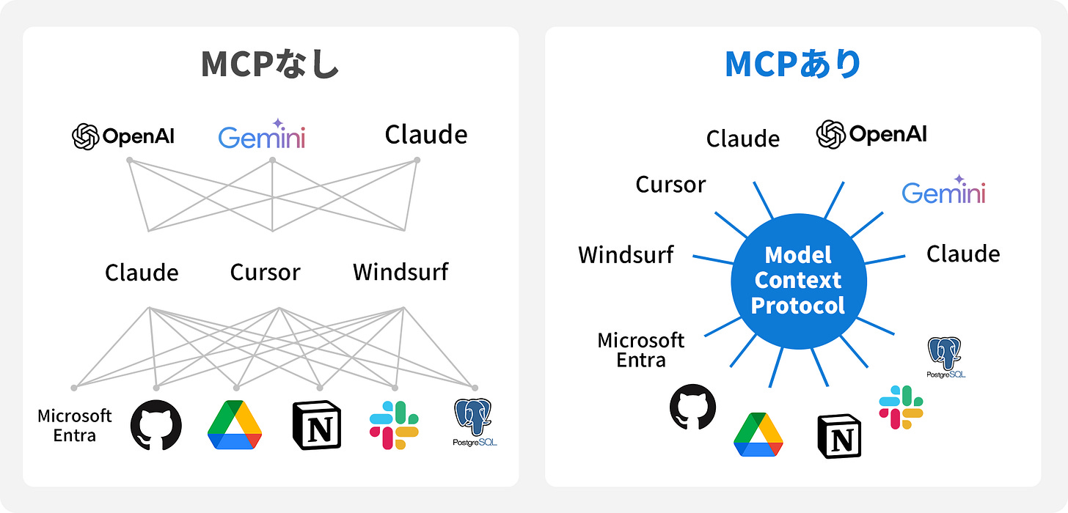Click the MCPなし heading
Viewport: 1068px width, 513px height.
coord(270,64)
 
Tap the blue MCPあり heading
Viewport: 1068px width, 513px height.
coord(792,64)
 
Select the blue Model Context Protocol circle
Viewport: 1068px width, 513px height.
coord(799,281)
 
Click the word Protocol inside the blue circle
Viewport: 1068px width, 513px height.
coord(799,305)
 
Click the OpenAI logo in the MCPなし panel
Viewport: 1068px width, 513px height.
coord(123,136)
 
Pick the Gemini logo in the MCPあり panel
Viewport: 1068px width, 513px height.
coord(943,191)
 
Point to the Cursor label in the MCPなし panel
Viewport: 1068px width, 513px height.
coord(265,273)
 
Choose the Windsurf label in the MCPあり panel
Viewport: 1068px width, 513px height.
coord(626,255)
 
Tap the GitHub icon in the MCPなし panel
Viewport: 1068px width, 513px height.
coord(156,426)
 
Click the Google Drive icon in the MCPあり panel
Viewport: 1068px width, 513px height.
coord(758,435)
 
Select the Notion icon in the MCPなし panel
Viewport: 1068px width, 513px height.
coord(317,426)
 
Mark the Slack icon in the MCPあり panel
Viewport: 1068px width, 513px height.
coord(901,407)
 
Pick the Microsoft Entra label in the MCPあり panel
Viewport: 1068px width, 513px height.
coord(640,350)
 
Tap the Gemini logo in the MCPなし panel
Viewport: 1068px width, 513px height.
coord(262,135)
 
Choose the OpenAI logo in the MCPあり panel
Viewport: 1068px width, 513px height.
coord(871,134)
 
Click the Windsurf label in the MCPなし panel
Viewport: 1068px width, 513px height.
coord(400,273)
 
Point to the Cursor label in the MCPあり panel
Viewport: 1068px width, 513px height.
coord(670,185)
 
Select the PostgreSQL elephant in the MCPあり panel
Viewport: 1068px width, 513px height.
coord(945,353)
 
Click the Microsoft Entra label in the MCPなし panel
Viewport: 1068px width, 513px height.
coord(75,426)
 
